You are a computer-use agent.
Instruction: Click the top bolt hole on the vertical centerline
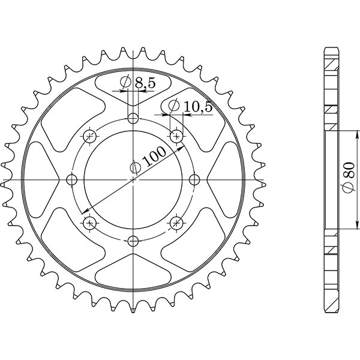click(133, 118)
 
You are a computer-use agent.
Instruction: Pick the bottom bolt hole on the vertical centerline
click(133, 241)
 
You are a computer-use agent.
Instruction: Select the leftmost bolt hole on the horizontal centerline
click(71, 179)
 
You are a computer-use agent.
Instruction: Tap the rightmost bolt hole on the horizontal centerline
click(195, 179)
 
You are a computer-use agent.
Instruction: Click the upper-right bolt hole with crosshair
click(176, 136)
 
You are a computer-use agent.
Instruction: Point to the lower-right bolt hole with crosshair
click(176, 223)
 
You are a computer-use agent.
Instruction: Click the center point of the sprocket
click(133, 179)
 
